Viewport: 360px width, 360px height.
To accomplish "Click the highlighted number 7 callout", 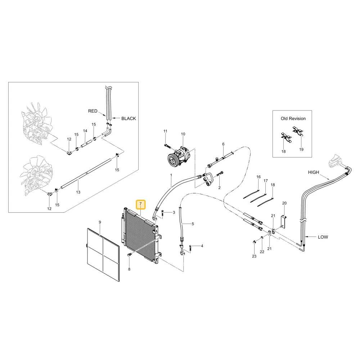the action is click(140, 204).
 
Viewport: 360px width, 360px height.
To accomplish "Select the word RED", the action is click(93, 111).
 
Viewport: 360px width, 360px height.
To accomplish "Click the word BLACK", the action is click(129, 118).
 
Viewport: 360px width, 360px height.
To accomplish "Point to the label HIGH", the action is click(314, 172).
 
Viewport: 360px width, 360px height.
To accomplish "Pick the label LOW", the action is click(323, 237).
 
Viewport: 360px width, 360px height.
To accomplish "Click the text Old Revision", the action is click(293, 118).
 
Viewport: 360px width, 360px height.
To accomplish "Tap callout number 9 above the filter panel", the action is click(100, 222).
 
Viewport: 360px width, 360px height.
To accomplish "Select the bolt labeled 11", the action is click(167, 145).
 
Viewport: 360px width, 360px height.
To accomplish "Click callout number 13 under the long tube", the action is click(78, 192).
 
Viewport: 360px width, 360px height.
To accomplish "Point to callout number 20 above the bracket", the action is click(284, 203).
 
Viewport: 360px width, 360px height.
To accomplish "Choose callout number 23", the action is click(254, 256).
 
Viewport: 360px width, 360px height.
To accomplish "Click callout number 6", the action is click(223, 144).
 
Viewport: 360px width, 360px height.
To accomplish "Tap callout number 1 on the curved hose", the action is click(171, 175).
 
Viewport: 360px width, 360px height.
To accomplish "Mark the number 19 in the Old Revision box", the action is click(301, 149).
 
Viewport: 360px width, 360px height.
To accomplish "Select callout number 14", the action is click(85, 131).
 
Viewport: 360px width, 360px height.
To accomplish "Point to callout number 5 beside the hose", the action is click(193, 224).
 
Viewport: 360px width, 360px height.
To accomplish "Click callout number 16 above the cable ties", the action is click(258, 176).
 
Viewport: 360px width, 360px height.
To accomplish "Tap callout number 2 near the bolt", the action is click(219, 188).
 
